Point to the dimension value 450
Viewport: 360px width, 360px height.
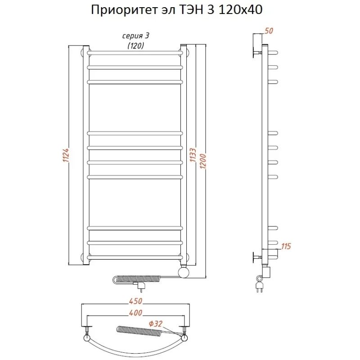[135, 301]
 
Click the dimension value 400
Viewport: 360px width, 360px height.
[135, 313]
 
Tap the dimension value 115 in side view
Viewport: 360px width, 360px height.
[286, 246]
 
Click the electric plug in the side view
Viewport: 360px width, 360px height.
[260, 284]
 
